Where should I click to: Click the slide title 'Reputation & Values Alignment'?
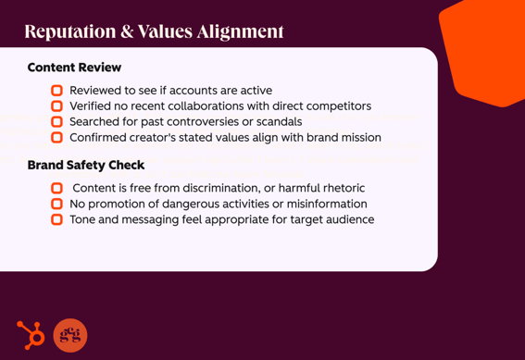(x=154, y=31)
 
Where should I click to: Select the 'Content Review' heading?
(x=74, y=68)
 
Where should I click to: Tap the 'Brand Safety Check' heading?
(x=86, y=165)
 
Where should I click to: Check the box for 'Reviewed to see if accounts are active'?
(x=56, y=91)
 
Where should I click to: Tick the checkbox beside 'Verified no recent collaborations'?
(x=56, y=106)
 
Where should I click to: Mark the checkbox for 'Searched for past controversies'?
(x=56, y=122)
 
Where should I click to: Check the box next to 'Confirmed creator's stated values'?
(x=56, y=138)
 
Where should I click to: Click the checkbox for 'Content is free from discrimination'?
(x=56, y=188)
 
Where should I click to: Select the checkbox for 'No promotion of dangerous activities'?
(x=56, y=204)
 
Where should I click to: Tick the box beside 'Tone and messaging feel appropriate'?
(x=56, y=219)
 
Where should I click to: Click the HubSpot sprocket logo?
(x=31, y=334)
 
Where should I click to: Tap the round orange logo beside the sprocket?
(x=70, y=335)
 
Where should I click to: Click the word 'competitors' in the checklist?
(x=337, y=106)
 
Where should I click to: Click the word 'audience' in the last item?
(x=348, y=219)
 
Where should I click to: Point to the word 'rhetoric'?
(x=339, y=188)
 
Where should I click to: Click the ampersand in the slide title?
(x=126, y=31)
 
